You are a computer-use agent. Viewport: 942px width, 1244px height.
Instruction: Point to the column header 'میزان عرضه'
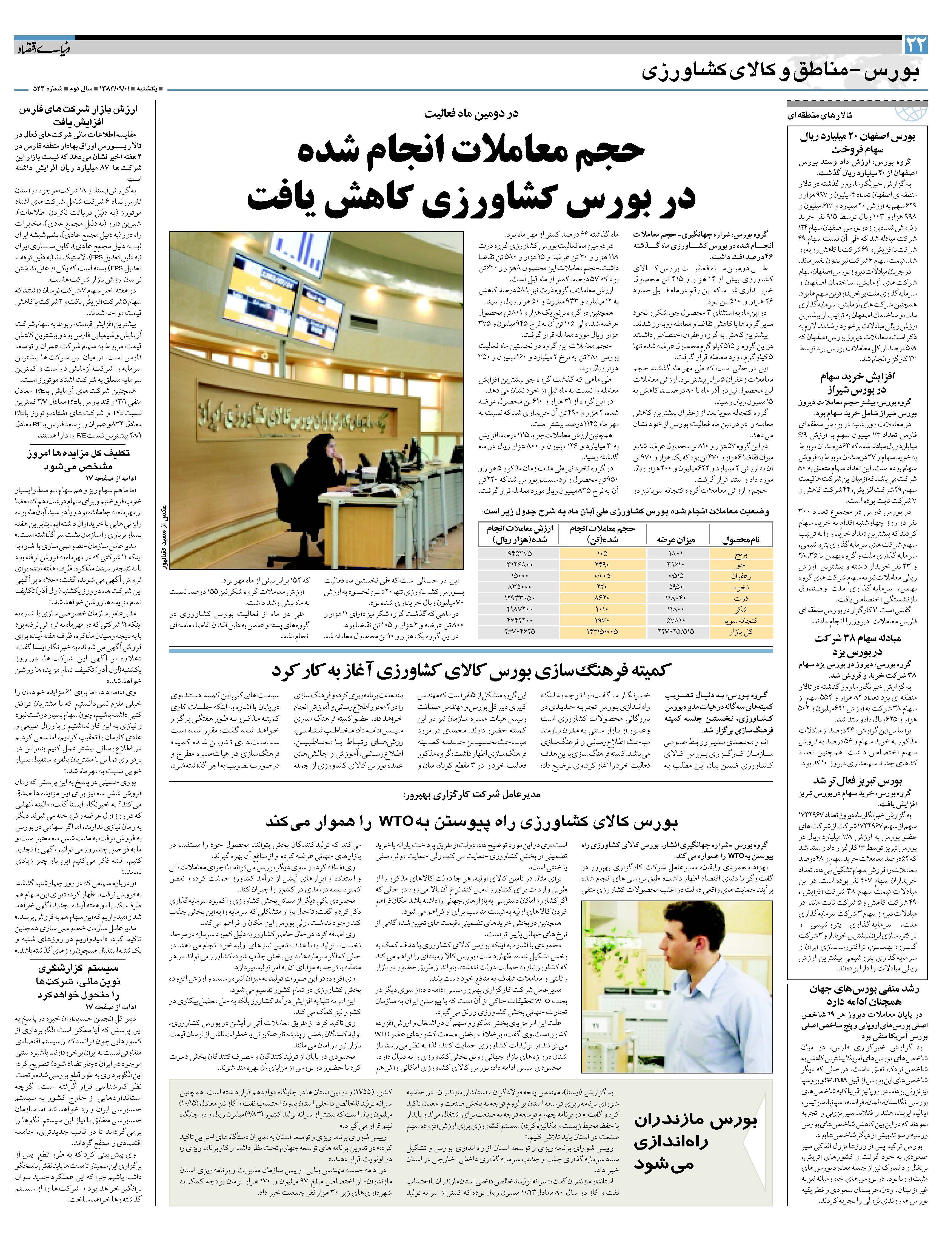pos(676,539)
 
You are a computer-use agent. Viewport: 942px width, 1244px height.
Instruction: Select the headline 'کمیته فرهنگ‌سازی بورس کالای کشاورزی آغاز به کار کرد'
pos(471,670)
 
